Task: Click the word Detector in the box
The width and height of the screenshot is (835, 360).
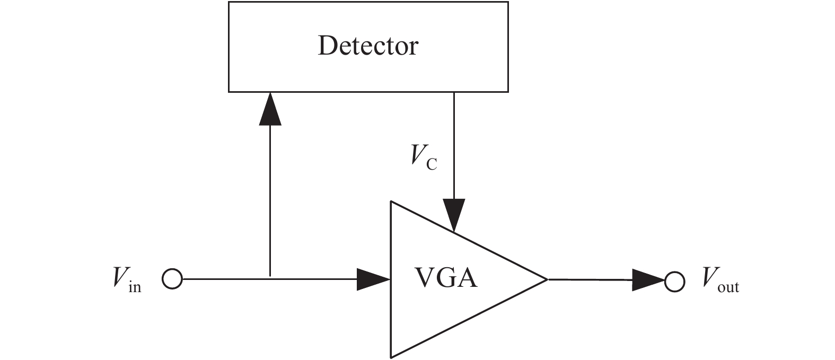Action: pos(368,46)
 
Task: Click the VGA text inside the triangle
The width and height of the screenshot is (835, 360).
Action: pos(445,277)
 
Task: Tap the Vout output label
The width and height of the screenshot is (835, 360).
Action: pos(720,279)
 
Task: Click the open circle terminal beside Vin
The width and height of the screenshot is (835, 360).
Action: pos(172,279)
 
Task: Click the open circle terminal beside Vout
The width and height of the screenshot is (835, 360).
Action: pos(675,281)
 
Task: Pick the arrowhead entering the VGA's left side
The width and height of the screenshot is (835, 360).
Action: pos(374,279)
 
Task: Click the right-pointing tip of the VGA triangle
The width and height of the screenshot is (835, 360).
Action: pos(546,279)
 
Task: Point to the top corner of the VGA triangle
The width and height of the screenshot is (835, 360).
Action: pos(391,202)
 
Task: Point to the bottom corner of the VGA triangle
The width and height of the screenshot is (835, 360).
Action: pos(391,357)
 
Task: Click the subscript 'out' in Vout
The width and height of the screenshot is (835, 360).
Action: pos(728,287)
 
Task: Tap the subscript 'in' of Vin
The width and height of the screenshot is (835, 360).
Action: pos(135,287)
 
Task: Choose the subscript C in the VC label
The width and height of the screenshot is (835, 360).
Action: pos(432,164)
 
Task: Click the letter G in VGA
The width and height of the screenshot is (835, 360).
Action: pos(446,277)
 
